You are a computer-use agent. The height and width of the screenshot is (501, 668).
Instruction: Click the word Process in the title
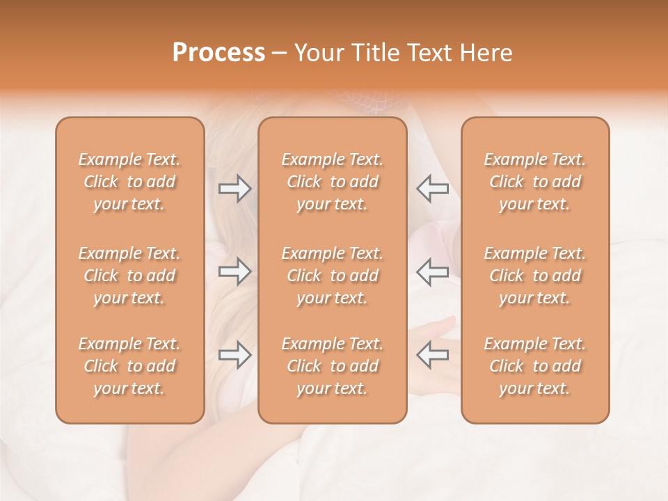(218, 53)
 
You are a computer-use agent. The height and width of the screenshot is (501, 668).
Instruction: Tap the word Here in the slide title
(486, 53)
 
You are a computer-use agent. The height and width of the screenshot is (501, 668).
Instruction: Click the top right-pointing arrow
(234, 189)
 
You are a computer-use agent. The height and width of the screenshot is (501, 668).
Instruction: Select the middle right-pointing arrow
(234, 271)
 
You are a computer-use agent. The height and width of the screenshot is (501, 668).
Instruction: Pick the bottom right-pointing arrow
(234, 355)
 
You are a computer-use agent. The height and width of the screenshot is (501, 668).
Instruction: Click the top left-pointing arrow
(433, 189)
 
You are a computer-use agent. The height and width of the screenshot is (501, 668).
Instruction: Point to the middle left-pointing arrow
(433, 271)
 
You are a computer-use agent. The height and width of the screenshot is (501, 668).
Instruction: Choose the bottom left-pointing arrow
(433, 355)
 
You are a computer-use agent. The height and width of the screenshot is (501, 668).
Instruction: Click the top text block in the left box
(129, 182)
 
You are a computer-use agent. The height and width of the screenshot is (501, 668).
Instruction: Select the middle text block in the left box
(129, 276)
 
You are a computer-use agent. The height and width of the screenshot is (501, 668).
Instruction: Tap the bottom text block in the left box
(129, 366)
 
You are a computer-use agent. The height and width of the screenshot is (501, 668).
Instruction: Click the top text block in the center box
(333, 182)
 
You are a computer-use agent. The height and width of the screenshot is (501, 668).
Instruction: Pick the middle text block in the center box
(333, 276)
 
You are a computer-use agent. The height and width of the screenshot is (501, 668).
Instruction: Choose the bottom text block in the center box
(333, 366)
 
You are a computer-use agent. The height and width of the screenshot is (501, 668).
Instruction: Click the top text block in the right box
(535, 182)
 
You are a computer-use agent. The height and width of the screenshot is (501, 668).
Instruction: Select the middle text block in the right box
(535, 276)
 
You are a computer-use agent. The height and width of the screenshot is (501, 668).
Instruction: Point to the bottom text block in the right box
(535, 366)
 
